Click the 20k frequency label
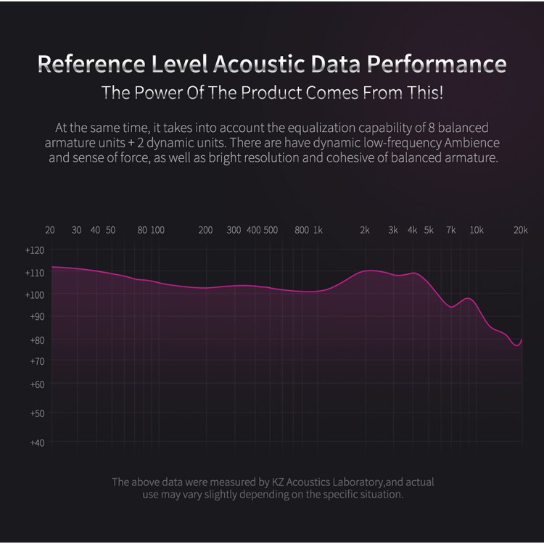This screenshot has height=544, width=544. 520,230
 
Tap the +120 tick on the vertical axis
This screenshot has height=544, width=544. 34,250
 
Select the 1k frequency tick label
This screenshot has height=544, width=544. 318,230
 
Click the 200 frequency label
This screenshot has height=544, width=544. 205,230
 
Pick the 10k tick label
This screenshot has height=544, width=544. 477,230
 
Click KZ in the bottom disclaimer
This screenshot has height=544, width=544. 279,482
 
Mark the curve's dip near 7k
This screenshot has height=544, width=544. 452,307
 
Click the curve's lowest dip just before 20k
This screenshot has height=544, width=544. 518,346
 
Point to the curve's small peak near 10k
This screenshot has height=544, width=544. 469,298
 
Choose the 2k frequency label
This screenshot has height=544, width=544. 364,230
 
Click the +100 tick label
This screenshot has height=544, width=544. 34,294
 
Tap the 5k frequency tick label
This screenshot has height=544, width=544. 429,230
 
